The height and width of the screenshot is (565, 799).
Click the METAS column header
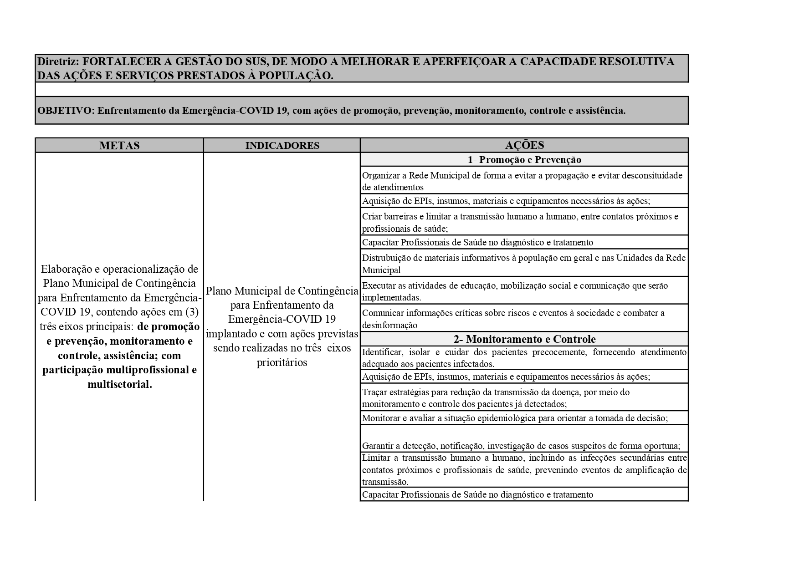(x=119, y=146)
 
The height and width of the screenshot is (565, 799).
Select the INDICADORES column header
(x=282, y=146)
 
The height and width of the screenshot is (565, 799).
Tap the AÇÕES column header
(x=524, y=145)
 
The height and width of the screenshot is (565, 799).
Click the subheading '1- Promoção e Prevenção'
(x=524, y=160)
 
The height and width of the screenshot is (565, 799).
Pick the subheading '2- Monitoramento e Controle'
(x=524, y=339)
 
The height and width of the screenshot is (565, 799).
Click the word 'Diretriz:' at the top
(x=58, y=61)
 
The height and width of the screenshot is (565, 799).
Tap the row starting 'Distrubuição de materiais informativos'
(x=523, y=264)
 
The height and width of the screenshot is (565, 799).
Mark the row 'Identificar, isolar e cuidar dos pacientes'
(x=524, y=358)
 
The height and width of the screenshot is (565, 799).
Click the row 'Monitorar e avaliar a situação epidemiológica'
(x=515, y=418)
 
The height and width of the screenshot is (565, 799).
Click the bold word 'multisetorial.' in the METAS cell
(x=120, y=385)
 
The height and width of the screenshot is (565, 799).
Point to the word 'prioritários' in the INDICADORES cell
(x=282, y=363)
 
